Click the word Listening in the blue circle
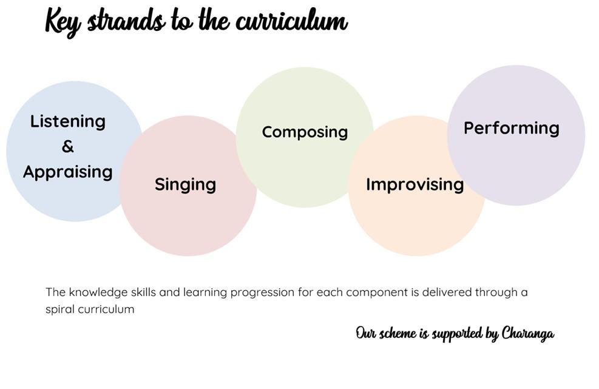coord(67,122)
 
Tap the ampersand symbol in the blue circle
coord(67,146)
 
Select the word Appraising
coord(67,172)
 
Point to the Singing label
coord(185,184)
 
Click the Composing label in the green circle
coord(305,132)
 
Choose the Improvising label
coord(415,184)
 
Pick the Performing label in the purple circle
coord(512,129)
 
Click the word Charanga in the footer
coord(527,334)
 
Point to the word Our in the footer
coord(365,333)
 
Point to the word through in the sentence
coord(496,293)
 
